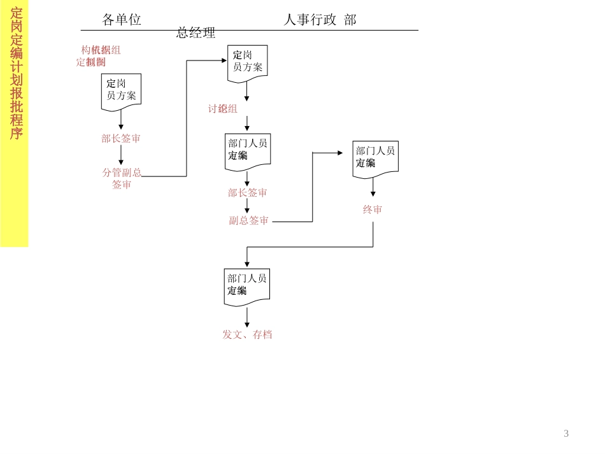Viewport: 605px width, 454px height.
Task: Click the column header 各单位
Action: pos(122,20)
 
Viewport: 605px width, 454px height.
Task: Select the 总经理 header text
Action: pos(196,32)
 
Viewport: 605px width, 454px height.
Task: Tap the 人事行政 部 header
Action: pos(320,20)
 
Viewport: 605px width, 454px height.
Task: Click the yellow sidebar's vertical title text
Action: pos(16,73)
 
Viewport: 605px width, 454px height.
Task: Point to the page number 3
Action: pos(566,434)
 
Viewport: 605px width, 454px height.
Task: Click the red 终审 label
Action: pos(373,209)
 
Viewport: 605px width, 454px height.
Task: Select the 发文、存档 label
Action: pos(247,334)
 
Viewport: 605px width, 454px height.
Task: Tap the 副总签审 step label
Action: pos(249,220)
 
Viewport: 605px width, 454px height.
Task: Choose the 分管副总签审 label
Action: pos(122,178)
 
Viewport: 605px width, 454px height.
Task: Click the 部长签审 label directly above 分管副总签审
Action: pos(121,138)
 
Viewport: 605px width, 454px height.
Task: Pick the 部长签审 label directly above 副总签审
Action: pos(248,192)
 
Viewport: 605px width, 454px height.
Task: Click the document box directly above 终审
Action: pos(375,158)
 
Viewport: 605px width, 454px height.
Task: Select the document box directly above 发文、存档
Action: pos(247,286)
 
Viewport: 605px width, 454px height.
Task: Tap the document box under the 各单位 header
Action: pos(121,91)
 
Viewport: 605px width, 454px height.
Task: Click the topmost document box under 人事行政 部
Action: pos(247,62)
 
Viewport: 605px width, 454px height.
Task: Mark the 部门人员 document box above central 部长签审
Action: pos(248,151)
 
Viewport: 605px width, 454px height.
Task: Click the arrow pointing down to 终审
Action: pos(373,188)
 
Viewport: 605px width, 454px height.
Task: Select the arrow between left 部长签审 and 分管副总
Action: pos(121,155)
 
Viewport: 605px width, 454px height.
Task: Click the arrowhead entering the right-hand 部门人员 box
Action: pos(340,153)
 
